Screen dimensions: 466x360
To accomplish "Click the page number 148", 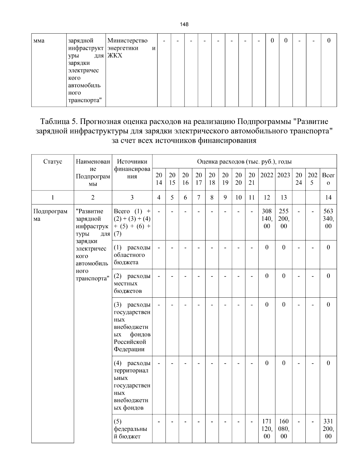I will pyautogui.click(x=184, y=24).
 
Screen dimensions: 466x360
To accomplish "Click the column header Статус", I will pyautogui.click(x=53, y=161).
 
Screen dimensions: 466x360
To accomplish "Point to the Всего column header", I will pyautogui.click(x=328, y=179).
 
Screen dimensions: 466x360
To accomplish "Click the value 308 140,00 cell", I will pyautogui.click(x=267, y=219).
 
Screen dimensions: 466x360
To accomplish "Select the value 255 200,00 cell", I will pyautogui.click(x=283, y=219).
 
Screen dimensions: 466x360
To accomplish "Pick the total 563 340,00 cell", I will pyautogui.click(x=328, y=219).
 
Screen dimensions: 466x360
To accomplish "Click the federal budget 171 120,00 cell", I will pyautogui.click(x=267, y=429).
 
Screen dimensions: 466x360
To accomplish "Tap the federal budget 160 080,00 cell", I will pyautogui.click(x=283, y=429).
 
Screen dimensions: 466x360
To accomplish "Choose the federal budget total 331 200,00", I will pyautogui.click(x=328, y=429).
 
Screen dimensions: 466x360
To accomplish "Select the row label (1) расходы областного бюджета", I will pyautogui.click(x=132, y=255).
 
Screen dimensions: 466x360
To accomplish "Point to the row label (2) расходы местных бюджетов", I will pyautogui.click(x=132, y=283).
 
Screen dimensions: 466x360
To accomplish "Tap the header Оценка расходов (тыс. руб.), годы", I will pyautogui.click(x=244, y=161).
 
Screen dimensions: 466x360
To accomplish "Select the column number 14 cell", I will pyautogui.click(x=328, y=197).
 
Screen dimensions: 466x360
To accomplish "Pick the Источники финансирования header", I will pyautogui.click(x=132, y=169).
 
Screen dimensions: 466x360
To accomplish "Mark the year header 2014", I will pyautogui.click(x=159, y=179).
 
